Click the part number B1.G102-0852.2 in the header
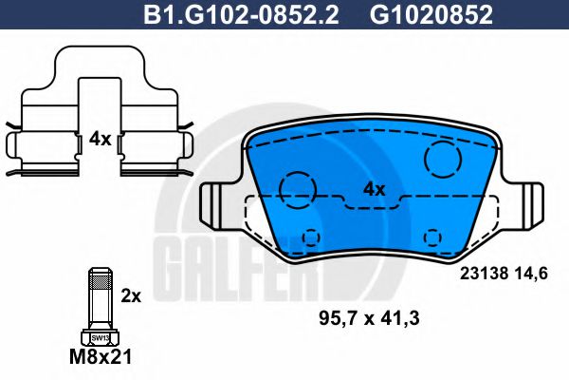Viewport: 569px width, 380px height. [x=241, y=15]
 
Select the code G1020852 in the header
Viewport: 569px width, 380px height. [x=431, y=15]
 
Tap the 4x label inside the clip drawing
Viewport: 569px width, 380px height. [x=100, y=139]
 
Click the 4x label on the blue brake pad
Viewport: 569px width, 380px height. [x=375, y=189]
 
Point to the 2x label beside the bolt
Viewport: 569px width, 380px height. [x=131, y=296]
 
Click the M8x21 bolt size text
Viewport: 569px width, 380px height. [x=101, y=357]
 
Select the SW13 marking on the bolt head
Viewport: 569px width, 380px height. [x=100, y=338]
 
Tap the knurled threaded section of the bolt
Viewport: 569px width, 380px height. [x=101, y=281]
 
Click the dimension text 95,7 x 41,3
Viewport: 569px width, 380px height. [x=369, y=318]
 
